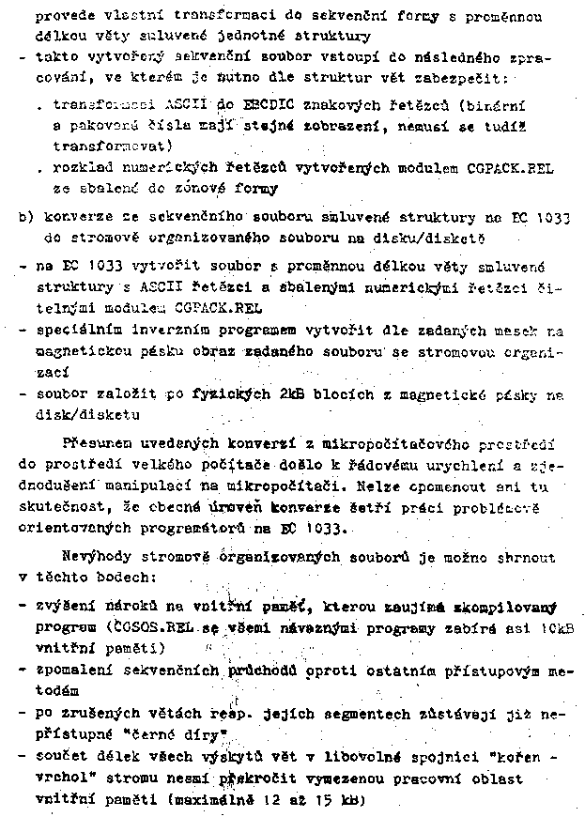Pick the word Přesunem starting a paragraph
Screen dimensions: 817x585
[x=96, y=442]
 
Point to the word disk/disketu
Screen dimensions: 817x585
[x=85, y=414]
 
